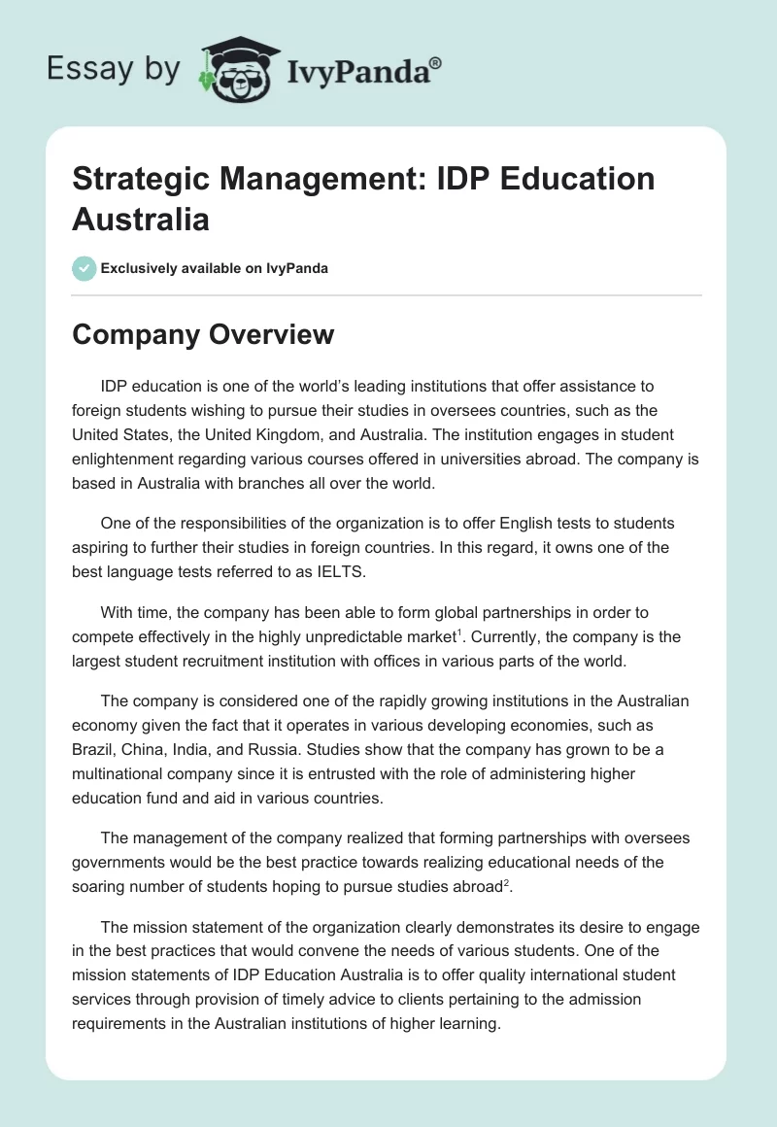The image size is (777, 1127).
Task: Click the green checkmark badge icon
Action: coord(84,268)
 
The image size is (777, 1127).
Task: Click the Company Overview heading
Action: coord(203,334)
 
